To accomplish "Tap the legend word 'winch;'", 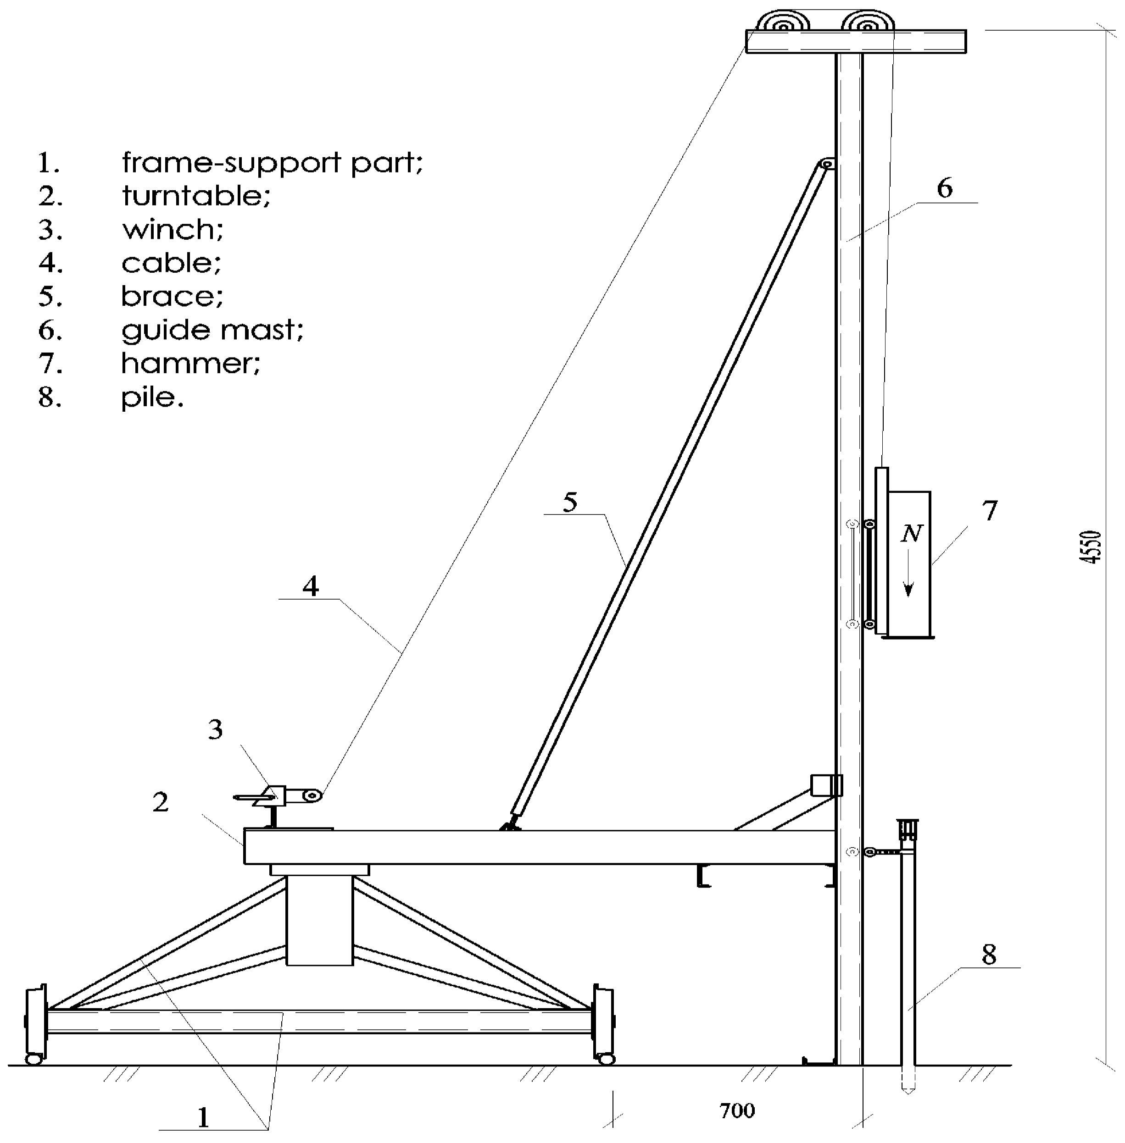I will (x=173, y=230).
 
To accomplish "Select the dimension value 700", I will (x=737, y=1110).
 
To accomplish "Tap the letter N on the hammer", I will (x=911, y=534).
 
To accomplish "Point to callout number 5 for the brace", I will (x=569, y=502).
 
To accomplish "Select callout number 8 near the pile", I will (x=989, y=955).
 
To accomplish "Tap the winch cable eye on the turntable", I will (x=312, y=796).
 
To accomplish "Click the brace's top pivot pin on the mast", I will (x=827, y=164).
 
